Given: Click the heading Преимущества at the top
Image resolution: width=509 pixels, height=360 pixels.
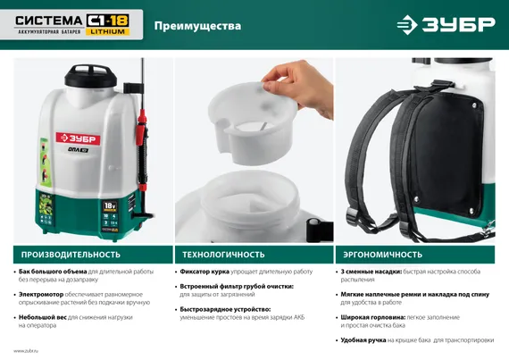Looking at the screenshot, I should pyautogui.click(x=197, y=26).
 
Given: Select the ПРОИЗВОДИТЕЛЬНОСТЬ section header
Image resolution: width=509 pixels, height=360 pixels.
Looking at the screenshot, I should pyautogui.click(x=64, y=254).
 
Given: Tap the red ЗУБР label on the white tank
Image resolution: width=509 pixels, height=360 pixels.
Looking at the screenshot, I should pyautogui.click(x=76, y=138).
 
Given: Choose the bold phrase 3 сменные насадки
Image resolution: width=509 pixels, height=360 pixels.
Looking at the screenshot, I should pyautogui.click(x=371, y=272).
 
